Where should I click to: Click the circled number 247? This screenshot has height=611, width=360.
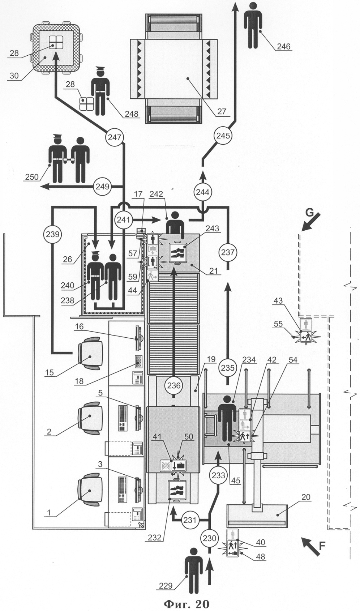[115, 137]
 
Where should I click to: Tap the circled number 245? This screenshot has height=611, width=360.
[223, 136]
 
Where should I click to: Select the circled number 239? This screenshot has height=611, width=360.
[53, 234]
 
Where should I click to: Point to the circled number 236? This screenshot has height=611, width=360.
[174, 385]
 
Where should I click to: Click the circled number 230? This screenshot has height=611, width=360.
[210, 538]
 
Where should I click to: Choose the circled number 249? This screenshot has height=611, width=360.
[102, 187]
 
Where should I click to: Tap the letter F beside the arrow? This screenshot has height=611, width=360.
[322, 544]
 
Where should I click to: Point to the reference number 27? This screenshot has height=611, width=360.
[222, 111]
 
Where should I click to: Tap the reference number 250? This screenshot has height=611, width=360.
[31, 177]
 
